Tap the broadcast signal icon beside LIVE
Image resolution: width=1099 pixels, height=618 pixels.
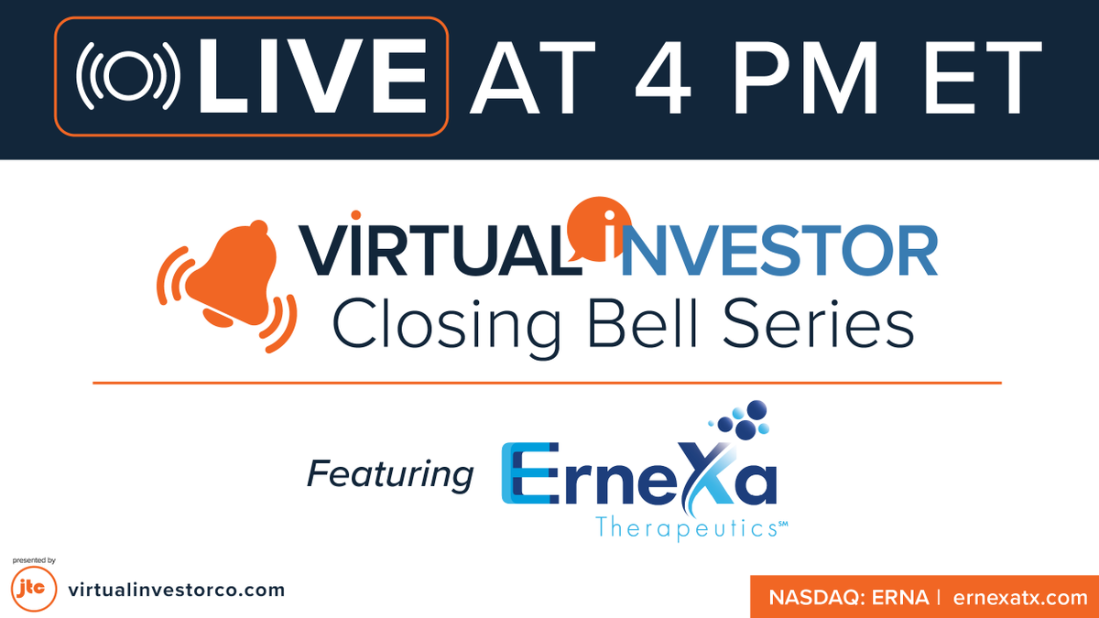[x=126, y=78]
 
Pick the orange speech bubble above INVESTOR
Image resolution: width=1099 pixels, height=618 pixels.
[x=600, y=224]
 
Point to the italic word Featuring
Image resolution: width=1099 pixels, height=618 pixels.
[x=390, y=473]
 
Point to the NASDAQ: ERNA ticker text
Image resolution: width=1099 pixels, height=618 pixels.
[x=848, y=598]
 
